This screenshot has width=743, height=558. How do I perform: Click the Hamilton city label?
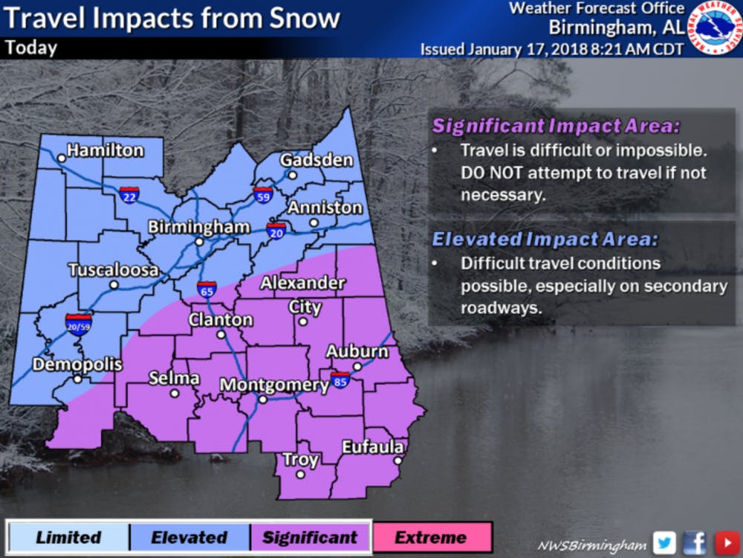[x=105, y=150]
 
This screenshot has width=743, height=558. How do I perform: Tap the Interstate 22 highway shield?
[x=129, y=195]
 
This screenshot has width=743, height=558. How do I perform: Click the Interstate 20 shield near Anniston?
[x=276, y=230]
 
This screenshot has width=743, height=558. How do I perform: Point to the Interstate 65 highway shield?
[x=207, y=289]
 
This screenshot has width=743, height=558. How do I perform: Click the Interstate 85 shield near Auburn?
[x=340, y=380]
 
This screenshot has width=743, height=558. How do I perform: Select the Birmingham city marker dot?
[x=199, y=242]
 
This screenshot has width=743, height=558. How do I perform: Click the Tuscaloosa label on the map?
[x=113, y=269]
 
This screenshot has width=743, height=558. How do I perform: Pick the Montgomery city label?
[x=275, y=385]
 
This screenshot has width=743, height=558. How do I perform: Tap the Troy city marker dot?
[x=300, y=474]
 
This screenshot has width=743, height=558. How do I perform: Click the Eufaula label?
[x=373, y=446]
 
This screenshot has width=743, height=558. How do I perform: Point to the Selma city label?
[x=174, y=378]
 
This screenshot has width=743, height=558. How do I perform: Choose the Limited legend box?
[x=68, y=537]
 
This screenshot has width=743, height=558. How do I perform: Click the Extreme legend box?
[x=432, y=537]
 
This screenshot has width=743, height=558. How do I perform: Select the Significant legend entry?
[x=311, y=537]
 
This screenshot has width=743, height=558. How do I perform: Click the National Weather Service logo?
[x=714, y=28]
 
